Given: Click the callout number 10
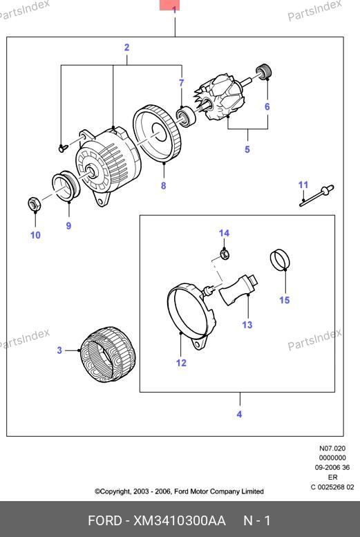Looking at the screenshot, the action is click(x=36, y=235).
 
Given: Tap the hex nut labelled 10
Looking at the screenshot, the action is click(x=35, y=205).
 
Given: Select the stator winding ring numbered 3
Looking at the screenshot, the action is click(x=108, y=354).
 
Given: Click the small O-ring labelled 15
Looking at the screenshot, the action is click(x=280, y=259).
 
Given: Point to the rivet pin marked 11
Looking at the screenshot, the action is click(x=317, y=195).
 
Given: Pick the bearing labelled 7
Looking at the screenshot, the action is click(x=186, y=115).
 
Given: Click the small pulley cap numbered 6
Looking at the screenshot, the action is click(x=264, y=71).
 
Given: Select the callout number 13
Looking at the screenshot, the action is click(x=247, y=324).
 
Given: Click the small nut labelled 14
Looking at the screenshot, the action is click(x=224, y=254).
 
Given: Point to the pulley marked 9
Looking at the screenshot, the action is click(x=66, y=187).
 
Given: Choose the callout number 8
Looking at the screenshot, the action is click(x=163, y=186).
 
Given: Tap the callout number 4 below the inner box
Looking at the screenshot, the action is click(x=239, y=414).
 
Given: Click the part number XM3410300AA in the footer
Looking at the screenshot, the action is click(x=179, y=521).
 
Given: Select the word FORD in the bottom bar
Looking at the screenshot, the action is click(x=105, y=521).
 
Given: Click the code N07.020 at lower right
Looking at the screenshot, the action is click(x=332, y=449).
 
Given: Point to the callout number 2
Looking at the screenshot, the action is click(x=126, y=48).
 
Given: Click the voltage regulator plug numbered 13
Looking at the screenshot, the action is click(x=239, y=290).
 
